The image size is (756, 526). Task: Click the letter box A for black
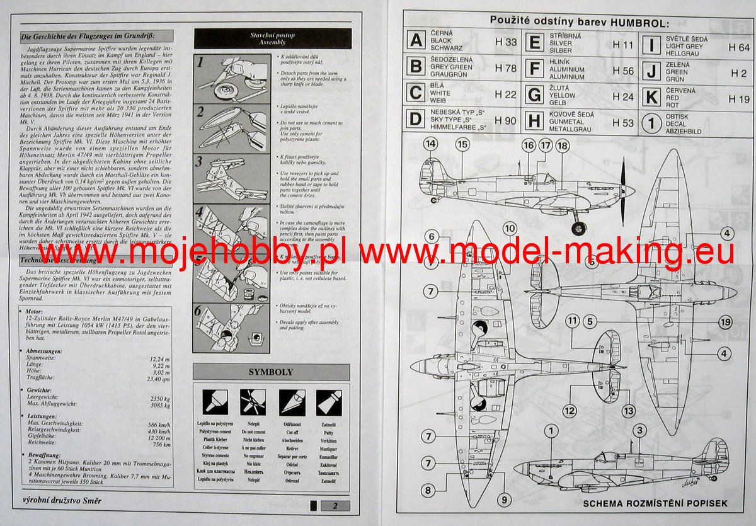click(416, 41)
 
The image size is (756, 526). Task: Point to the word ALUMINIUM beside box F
click(568, 70)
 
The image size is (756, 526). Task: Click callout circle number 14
click(431, 144)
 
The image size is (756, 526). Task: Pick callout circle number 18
click(562, 146)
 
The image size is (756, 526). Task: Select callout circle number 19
click(724, 323)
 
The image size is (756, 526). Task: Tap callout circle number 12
click(570, 411)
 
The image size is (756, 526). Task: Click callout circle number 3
click(639, 431)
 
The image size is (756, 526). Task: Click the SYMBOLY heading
click(271, 372)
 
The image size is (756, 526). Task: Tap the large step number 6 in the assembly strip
click(199, 311)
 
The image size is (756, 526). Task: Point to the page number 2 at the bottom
click(336, 505)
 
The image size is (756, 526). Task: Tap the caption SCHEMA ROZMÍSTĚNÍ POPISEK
click(655, 503)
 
